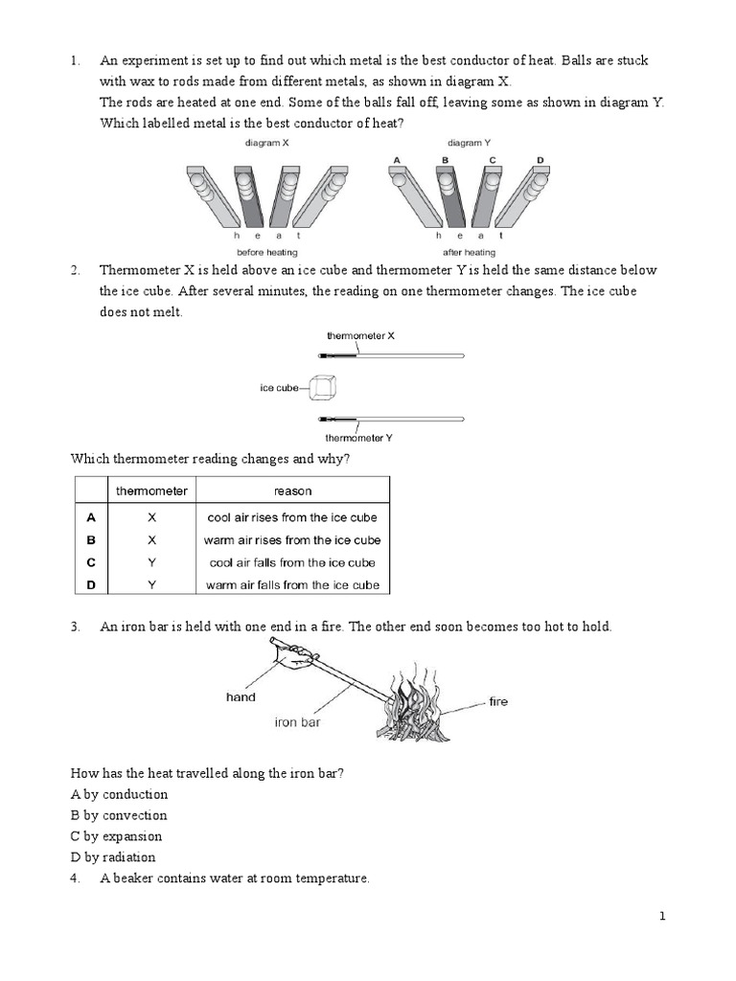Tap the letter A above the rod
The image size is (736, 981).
396,160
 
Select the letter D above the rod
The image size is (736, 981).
540,160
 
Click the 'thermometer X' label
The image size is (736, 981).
360,336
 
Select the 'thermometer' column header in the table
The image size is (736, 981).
151,491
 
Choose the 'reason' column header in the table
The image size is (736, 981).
292,491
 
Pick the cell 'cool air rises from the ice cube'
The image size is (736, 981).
292,517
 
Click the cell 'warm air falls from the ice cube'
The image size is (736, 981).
292,585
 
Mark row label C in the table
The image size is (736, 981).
91,562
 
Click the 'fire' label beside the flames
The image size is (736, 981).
498,702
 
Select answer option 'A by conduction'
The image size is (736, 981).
120,794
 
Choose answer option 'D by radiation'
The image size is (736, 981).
113,857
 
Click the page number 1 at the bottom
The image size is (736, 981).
661,917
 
